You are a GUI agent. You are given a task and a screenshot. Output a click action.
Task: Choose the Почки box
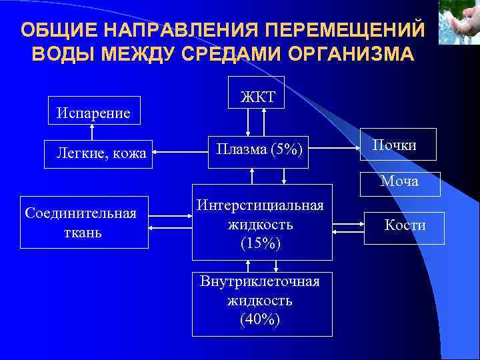(x=398, y=145)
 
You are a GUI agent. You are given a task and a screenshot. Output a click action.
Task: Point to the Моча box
(x=401, y=182)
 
